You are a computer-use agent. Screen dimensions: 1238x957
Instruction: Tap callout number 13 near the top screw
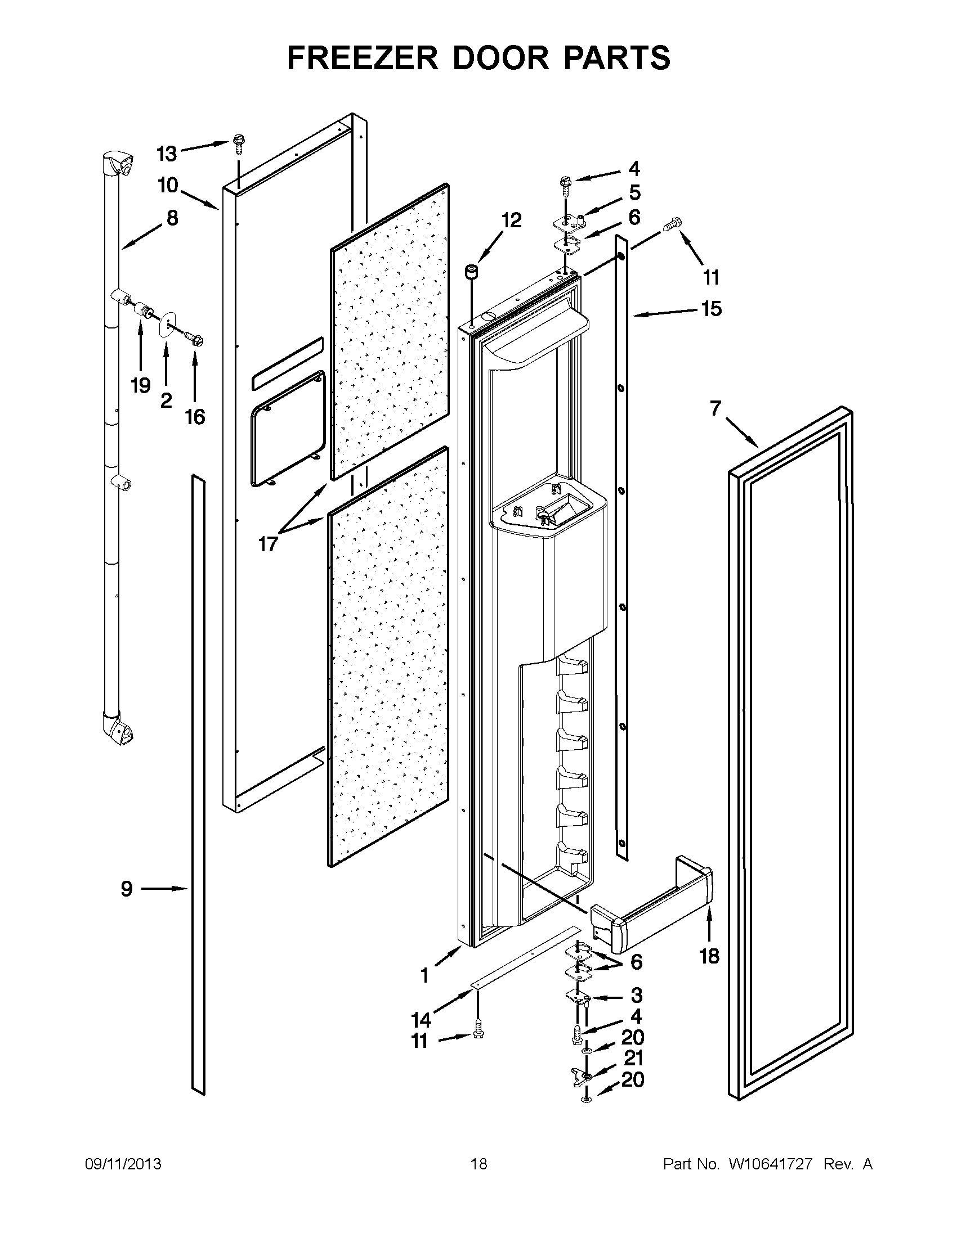pos(167,153)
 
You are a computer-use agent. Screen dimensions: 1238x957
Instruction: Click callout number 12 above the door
pos(511,220)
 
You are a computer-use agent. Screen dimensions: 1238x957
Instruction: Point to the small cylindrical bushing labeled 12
pos(471,272)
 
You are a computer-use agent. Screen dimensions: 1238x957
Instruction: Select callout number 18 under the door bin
pos(710,956)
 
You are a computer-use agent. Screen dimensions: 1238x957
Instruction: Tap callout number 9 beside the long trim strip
pos(127,889)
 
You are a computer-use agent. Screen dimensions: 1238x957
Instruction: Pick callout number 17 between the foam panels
pos(268,544)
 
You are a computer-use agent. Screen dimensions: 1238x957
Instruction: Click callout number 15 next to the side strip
pos(711,309)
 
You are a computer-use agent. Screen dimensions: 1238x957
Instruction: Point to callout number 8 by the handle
pos(172,218)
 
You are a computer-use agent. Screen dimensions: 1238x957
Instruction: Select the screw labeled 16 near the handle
pos(195,340)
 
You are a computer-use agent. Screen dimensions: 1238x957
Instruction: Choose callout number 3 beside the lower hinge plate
pos(637,995)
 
